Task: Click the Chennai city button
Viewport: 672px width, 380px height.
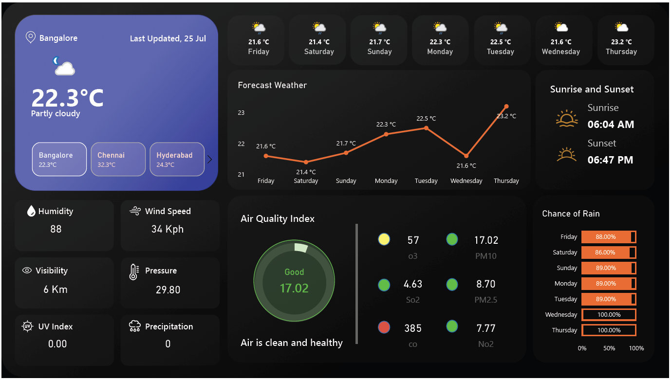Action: pos(118,159)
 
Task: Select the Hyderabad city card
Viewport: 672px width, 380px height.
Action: pos(177,159)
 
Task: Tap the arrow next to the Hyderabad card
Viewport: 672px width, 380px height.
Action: pos(210,159)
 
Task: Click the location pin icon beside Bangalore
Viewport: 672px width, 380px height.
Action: pos(31,37)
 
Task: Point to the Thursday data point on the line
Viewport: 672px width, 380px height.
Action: pos(506,107)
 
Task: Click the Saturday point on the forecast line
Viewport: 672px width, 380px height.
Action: pos(306,162)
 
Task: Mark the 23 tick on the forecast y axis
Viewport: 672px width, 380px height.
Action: pos(241,113)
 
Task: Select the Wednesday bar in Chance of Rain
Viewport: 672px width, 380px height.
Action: pos(609,315)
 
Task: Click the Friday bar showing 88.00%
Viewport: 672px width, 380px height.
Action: pos(609,237)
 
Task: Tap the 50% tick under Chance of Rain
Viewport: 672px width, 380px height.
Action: pos(609,348)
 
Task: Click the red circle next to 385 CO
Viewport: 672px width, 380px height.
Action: pos(384,327)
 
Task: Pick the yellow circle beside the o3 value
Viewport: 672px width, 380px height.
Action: pos(384,239)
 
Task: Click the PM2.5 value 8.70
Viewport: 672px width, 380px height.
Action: pos(485,284)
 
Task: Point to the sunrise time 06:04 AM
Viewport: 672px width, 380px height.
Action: pos(611,125)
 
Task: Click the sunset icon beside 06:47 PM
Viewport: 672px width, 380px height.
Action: pos(567,155)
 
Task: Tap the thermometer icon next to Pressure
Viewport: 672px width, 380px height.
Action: pos(134,272)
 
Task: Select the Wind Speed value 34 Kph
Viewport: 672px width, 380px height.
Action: pos(168,229)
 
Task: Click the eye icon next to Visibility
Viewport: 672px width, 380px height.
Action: pos(27,271)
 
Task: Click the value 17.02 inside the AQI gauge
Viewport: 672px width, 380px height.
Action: pos(294,288)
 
